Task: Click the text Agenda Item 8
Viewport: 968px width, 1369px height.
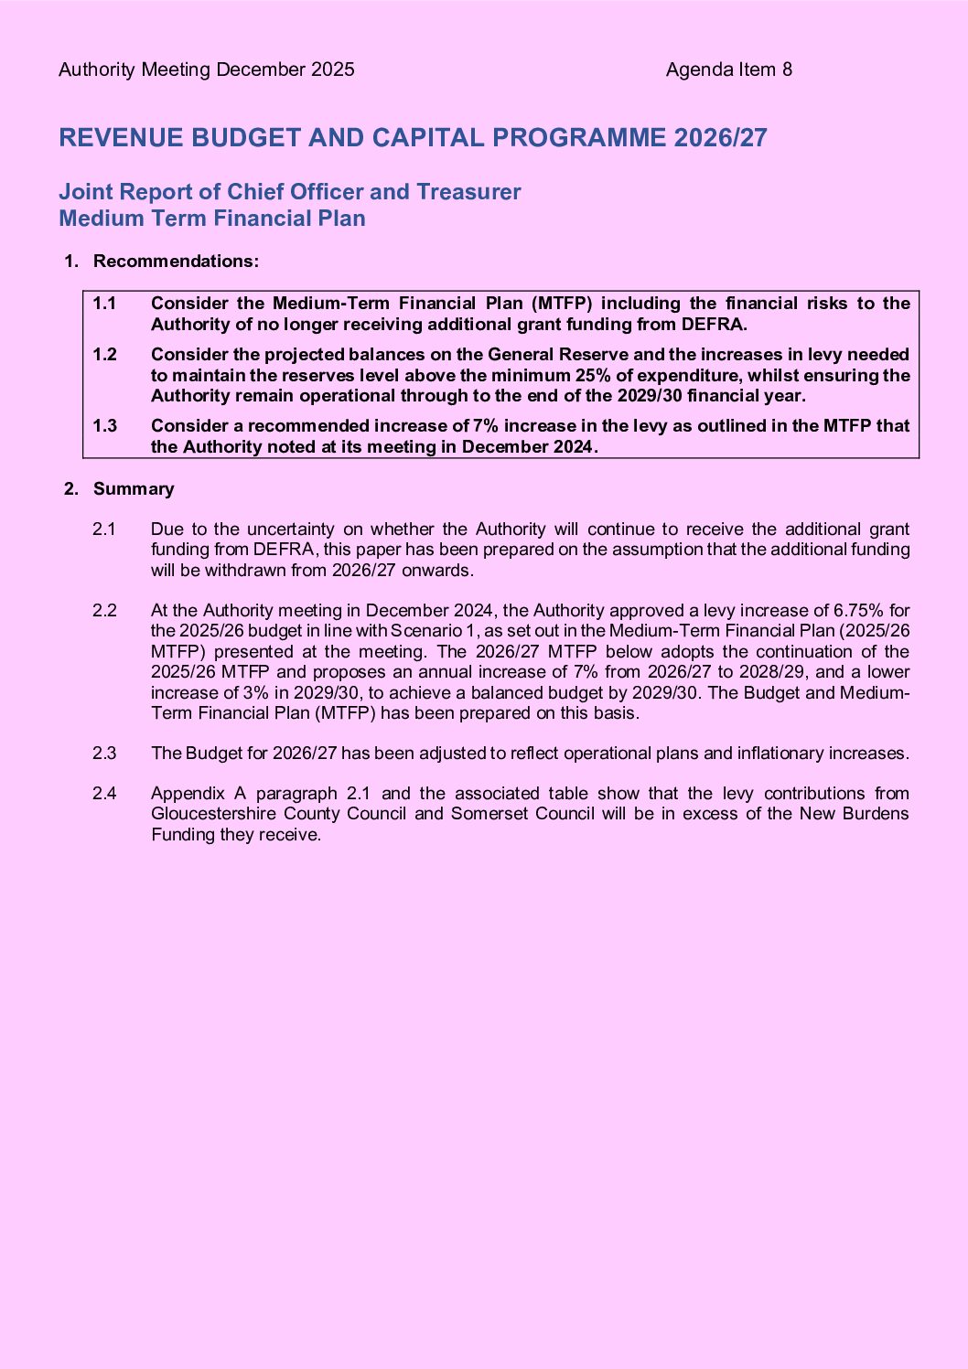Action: (728, 70)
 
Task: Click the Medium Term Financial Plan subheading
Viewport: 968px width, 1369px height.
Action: (212, 219)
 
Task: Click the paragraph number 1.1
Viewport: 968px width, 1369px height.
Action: (104, 304)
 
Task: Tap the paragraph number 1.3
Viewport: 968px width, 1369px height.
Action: (104, 426)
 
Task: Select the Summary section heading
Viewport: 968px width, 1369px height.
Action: (134, 489)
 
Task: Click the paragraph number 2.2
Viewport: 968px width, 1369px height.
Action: (104, 611)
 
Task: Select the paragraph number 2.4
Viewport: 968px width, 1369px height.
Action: (104, 794)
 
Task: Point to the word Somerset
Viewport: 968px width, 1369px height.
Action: (486, 814)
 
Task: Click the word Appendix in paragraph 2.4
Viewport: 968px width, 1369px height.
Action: (188, 794)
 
